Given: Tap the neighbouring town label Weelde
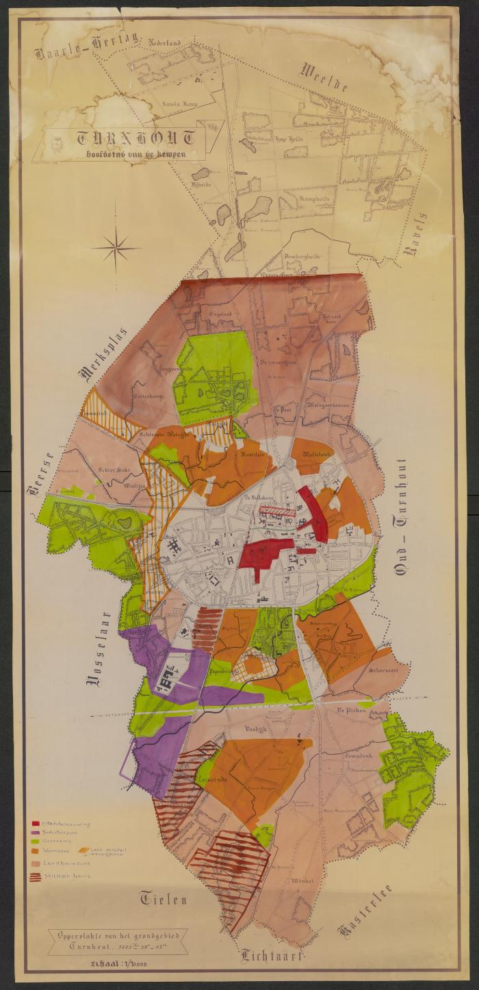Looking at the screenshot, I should click(x=325, y=79).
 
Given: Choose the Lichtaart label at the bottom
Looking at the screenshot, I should click(x=271, y=956).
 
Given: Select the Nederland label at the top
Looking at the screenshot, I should click(x=162, y=42).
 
